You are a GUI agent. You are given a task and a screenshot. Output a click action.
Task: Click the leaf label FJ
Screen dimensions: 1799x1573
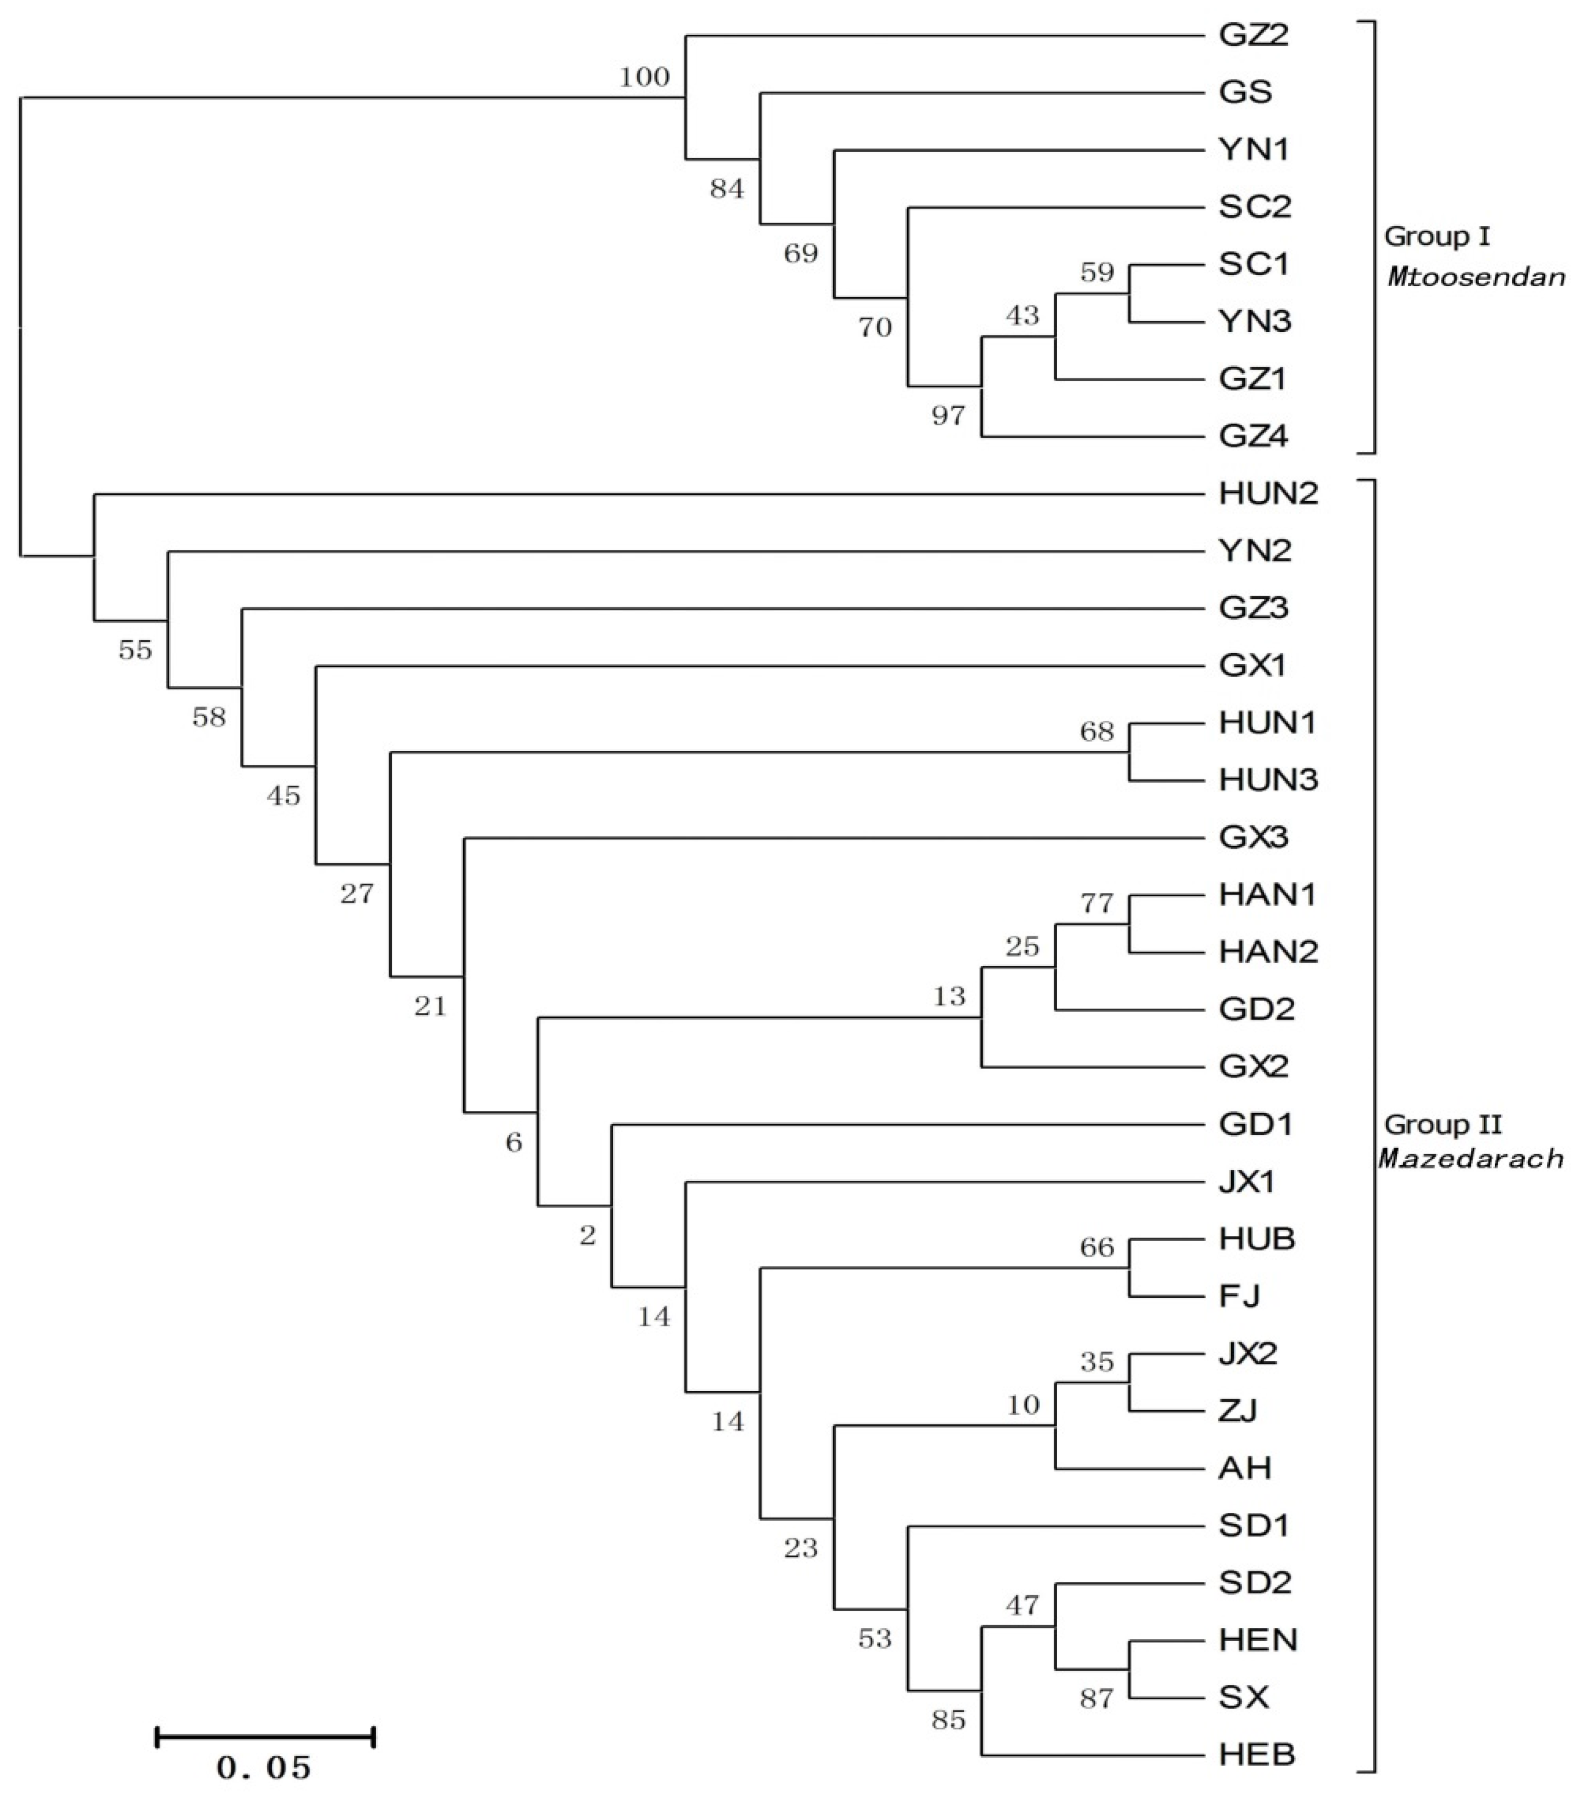(1239, 1296)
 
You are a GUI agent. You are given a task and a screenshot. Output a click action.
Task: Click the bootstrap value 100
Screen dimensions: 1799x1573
(645, 77)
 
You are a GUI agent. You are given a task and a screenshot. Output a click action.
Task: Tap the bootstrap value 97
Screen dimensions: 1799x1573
(948, 415)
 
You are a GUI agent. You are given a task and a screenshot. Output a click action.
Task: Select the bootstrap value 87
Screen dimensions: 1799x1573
(1097, 1699)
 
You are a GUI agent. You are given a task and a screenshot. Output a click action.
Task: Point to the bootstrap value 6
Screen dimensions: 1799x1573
(514, 1142)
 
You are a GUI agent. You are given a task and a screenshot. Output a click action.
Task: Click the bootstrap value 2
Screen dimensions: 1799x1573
(587, 1236)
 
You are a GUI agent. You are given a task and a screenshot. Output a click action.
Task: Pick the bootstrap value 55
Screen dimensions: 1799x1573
(135, 649)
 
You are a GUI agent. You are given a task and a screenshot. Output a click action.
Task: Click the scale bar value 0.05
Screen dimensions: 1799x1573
(263, 1767)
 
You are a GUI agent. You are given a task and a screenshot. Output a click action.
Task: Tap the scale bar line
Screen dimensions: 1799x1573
(265, 1736)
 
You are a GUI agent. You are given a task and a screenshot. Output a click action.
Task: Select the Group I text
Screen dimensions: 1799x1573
(1437, 236)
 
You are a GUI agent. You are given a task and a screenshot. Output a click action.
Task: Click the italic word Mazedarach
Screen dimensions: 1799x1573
(1471, 1158)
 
